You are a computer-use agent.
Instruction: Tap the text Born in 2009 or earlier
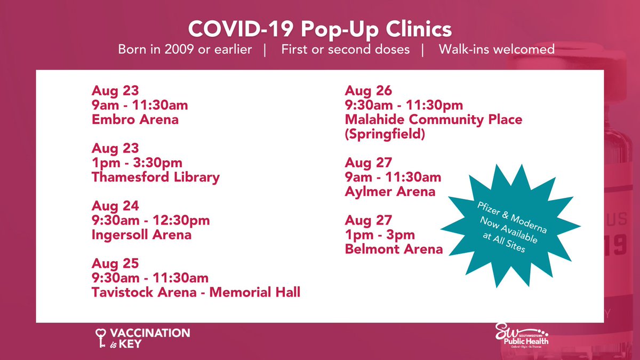[x=185, y=50]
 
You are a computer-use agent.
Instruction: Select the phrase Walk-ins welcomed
[x=497, y=50]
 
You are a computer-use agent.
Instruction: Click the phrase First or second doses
[x=345, y=50]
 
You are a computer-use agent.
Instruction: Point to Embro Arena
[x=135, y=119]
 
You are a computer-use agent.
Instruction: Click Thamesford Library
[x=155, y=177]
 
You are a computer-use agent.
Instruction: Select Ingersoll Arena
[x=141, y=235]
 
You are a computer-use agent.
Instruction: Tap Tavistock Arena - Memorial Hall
[x=196, y=292]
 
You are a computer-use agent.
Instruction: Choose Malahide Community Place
[x=433, y=119]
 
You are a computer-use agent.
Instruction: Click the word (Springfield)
[x=385, y=134]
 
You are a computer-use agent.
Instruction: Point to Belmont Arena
[x=394, y=249]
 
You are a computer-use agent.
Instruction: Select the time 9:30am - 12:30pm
[x=150, y=220]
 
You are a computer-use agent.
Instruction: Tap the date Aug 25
[x=115, y=263]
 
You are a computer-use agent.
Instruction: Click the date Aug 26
[x=368, y=91]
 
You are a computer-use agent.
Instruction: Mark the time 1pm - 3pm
[x=380, y=235]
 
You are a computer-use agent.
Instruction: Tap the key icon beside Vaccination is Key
[x=99, y=338]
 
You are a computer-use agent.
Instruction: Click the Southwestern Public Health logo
[x=521, y=336]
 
